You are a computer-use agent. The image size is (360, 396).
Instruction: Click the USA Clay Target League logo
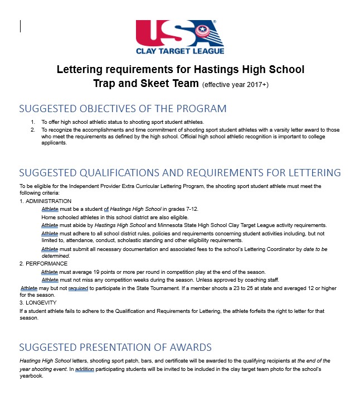pyautogui.click(x=180, y=37)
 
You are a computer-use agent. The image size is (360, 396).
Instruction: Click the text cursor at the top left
pyautogui.click(x=21, y=26)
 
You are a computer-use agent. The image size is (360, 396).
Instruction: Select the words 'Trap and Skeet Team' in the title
pyautogui.click(x=146, y=84)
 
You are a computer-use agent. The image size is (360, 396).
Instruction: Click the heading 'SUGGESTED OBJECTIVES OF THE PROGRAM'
pyautogui.click(x=123, y=108)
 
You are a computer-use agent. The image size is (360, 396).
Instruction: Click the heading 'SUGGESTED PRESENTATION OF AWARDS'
pyautogui.click(x=115, y=347)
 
